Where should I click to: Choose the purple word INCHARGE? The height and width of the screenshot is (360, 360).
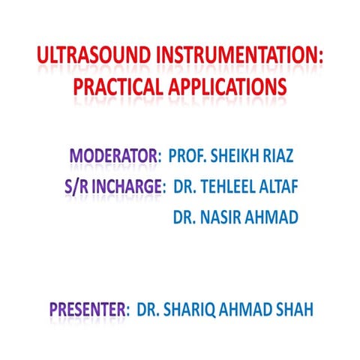pyautogui.click(x=132, y=187)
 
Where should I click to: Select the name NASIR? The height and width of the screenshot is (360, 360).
pyautogui.click(x=223, y=217)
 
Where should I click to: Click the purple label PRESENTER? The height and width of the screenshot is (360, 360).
pyautogui.click(x=87, y=308)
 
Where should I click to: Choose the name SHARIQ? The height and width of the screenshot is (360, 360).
pyautogui.click(x=190, y=308)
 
